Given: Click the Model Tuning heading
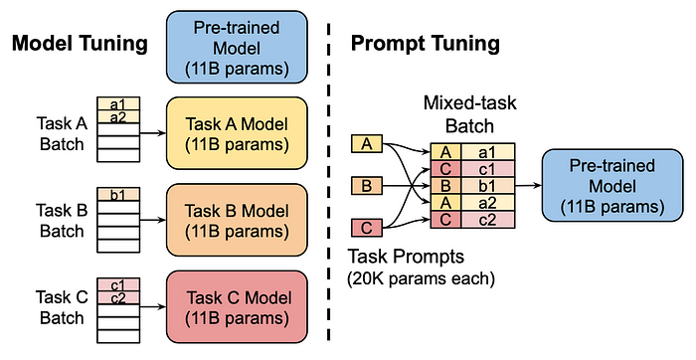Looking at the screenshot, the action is coord(80,44).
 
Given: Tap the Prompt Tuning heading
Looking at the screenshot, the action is coord(426,44).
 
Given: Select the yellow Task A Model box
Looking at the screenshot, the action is coord(237,133).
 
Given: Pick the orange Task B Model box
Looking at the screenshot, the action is coord(237,220).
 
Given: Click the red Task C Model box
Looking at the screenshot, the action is coord(237,306).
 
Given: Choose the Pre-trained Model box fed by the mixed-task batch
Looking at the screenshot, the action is coord(612,186).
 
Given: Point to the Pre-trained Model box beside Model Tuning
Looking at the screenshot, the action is coord(237,48).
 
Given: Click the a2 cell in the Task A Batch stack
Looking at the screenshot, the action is coord(118,116).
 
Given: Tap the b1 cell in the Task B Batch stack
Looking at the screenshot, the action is coord(118,195).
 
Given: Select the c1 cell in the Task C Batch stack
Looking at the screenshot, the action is coord(118,284).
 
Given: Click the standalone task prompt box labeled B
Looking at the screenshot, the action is coord(367,186).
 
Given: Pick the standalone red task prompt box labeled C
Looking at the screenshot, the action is coord(367,228).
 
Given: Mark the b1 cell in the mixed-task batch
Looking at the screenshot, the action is coord(487,186).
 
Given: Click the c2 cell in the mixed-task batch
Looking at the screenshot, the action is coord(487,220).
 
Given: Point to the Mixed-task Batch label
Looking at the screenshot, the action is coord(469,114).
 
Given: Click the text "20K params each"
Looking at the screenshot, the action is coord(422,278).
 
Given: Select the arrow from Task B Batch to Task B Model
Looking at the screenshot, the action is coord(153,220).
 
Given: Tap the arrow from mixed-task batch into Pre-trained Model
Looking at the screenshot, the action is coord(529,185).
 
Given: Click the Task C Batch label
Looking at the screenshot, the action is coord(62,307).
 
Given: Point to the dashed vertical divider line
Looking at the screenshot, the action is coord(329,182).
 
